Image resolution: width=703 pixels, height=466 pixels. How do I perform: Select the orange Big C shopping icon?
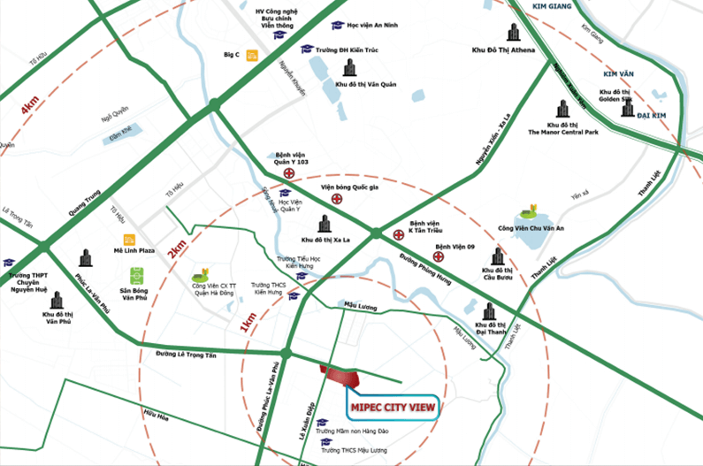click(x=253, y=55)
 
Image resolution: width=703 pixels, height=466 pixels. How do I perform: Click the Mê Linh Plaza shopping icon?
click(x=130, y=239)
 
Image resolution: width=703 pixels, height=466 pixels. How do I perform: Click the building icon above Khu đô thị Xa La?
click(x=323, y=224)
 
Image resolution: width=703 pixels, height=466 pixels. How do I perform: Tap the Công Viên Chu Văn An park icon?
click(x=529, y=212)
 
